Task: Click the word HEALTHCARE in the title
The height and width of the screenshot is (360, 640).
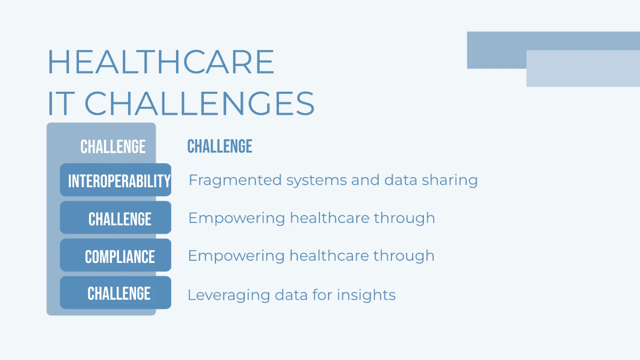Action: pos(161,62)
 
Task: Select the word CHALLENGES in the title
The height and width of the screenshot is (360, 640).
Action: pos(199,103)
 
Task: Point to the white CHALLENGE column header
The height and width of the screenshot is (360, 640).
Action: pos(113,147)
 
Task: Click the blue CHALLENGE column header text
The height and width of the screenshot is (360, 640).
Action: pos(220,146)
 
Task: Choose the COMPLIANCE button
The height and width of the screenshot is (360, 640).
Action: pos(119,257)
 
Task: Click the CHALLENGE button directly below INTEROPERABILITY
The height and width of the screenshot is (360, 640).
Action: pos(119,219)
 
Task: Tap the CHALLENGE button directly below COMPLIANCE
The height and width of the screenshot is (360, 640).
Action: pos(118,293)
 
